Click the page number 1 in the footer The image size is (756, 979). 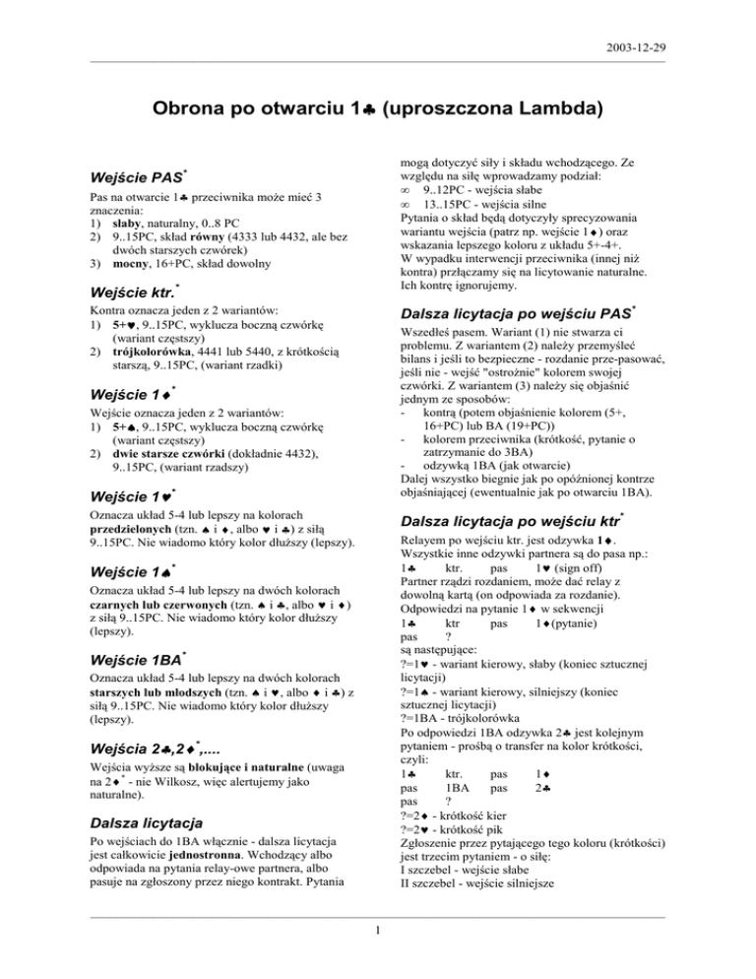378,950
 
